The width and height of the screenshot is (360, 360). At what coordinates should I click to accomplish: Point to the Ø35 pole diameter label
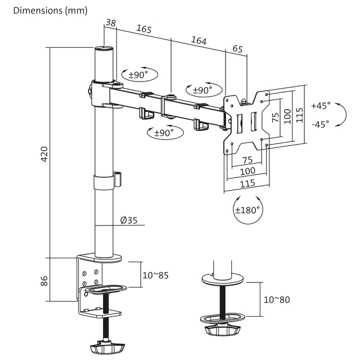tap(128, 220)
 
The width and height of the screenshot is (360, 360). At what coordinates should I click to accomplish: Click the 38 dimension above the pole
tap(110, 23)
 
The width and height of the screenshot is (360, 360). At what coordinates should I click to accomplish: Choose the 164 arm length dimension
tap(199, 40)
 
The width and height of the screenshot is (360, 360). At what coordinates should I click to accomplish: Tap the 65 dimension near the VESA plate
tap(237, 49)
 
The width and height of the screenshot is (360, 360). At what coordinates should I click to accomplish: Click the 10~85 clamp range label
tap(155, 275)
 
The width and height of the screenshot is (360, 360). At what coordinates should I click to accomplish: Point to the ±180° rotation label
tap(247, 210)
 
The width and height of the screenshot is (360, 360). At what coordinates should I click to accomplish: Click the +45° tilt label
tap(321, 105)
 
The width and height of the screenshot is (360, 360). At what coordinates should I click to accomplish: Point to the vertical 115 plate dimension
tap(299, 115)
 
